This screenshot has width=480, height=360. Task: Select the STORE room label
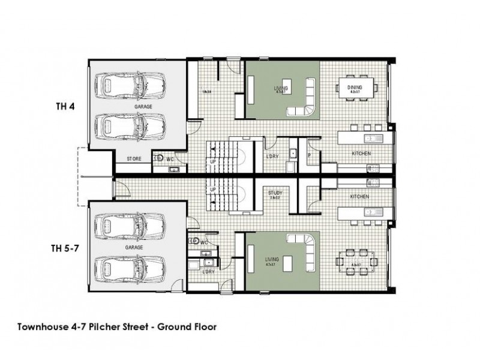click(133, 159)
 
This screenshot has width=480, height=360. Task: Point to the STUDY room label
click(275, 193)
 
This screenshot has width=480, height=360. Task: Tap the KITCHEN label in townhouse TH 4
click(361, 154)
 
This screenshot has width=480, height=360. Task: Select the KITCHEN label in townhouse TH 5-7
click(360, 196)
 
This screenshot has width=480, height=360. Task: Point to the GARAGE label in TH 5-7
click(133, 246)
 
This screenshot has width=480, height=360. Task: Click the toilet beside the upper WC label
click(160, 158)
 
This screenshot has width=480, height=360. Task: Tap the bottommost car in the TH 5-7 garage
click(130, 268)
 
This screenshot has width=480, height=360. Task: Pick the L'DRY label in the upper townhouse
click(271, 155)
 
